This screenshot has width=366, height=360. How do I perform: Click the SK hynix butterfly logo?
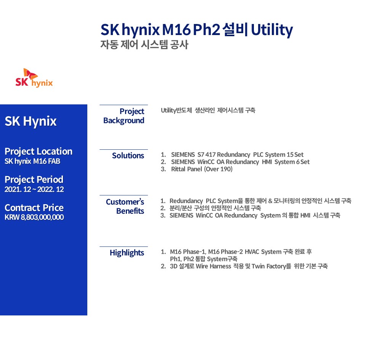click(x=34, y=78)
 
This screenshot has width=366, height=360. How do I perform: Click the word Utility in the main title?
click(x=272, y=30)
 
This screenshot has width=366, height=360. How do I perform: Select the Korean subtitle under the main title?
click(x=144, y=45)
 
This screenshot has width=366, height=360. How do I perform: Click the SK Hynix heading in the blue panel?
click(x=30, y=121)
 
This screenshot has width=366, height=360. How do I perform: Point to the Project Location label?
click(x=39, y=151)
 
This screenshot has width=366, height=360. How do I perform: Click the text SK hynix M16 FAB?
click(x=32, y=161)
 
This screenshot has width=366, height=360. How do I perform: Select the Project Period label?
click(x=34, y=179)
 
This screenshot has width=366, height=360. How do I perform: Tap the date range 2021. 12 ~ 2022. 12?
click(x=34, y=189)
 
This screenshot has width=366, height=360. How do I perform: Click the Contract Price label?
click(x=34, y=208)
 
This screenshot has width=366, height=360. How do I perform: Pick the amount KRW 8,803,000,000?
click(x=34, y=217)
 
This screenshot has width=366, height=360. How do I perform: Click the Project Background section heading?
click(x=124, y=116)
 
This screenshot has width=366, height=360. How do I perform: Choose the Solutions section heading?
click(x=128, y=155)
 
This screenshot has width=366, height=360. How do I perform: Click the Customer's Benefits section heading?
click(x=125, y=206)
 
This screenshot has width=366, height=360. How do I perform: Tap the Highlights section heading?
click(x=127, y=253)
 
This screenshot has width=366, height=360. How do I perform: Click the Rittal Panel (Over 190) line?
click(x=202, y=169)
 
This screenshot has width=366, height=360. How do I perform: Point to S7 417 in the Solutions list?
click(x=206, y=155)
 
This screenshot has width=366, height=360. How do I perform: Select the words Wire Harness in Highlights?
click(x=213, y=266)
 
